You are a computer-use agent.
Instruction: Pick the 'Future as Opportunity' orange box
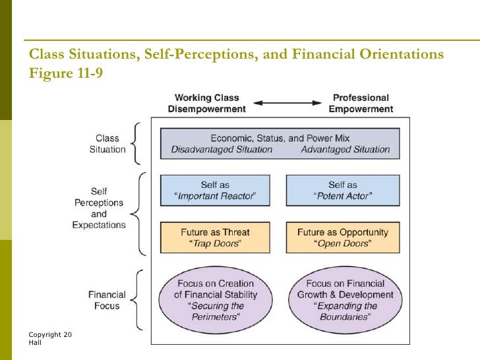(342, 238)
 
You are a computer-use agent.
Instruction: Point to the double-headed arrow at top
(287, 104)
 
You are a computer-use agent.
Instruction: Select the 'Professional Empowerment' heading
(360, 104)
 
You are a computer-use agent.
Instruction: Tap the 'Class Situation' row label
(107, 144)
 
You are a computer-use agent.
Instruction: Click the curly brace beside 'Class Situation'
(136, 143)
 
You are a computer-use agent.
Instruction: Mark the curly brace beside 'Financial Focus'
(136, 300)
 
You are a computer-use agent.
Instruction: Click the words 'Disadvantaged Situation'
(222, 150)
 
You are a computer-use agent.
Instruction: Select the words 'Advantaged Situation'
(345, 150)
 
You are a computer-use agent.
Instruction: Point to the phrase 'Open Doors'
(342, 244)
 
